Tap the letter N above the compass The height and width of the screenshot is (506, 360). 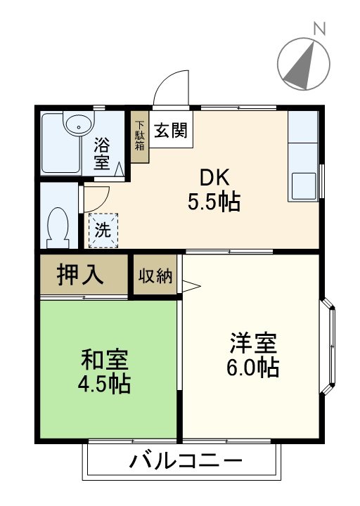pos(320,29)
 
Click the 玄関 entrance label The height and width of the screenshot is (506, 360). pos(171,130)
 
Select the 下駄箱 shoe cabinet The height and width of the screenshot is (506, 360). pos(139,137)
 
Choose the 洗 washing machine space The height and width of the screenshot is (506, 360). pos(103,229)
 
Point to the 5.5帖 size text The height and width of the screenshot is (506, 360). pos(214,202)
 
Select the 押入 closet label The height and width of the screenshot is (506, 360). pos(82,275)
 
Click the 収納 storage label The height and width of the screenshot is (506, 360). pos(155,275)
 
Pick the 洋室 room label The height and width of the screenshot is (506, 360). pos(253,344)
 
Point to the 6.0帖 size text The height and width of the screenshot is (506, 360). pos(253,368)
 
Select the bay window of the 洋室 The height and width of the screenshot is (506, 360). pos(328,345)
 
